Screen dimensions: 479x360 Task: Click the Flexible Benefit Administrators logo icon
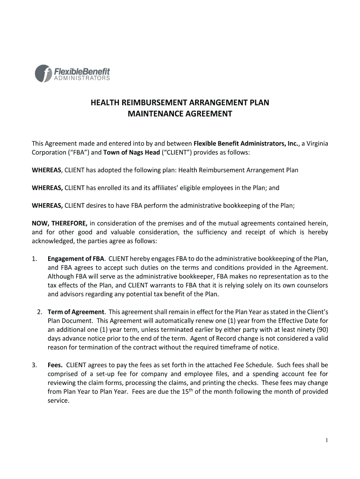[x=43, y=73]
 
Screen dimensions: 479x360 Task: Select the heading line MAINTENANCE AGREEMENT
[x=180, y=114]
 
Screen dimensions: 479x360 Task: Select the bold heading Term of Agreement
[x=76, y=312]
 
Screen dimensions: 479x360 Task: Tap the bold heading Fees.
[x=56, y=364]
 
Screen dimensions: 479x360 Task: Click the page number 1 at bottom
[x=326, y=440]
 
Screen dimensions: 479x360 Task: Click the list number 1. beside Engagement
[x=34, y=259]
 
